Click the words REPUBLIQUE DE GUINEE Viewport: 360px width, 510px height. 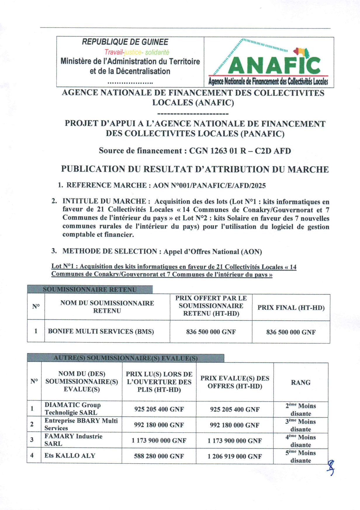click(125, 42)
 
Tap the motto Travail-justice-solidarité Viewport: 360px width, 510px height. click(137, 52)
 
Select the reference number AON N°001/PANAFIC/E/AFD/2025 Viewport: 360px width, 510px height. click(209, 185)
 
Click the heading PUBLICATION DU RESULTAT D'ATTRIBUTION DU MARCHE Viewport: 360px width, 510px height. click(195, 169)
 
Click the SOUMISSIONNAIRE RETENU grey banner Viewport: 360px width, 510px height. click(90, 290)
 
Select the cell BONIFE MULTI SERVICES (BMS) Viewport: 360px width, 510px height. click(101, 331)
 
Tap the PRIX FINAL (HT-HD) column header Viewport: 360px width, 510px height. click(291, 308)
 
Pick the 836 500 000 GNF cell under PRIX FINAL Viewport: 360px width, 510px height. click(291, 332)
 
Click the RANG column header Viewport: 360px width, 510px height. click(301, 382)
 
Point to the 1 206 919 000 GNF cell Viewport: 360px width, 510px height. click(235, 456)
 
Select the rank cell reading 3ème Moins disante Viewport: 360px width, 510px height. click(301, 425)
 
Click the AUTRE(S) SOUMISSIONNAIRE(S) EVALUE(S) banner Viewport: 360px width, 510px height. click(126, 358)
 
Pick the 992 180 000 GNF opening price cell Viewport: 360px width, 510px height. click(159, 425)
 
